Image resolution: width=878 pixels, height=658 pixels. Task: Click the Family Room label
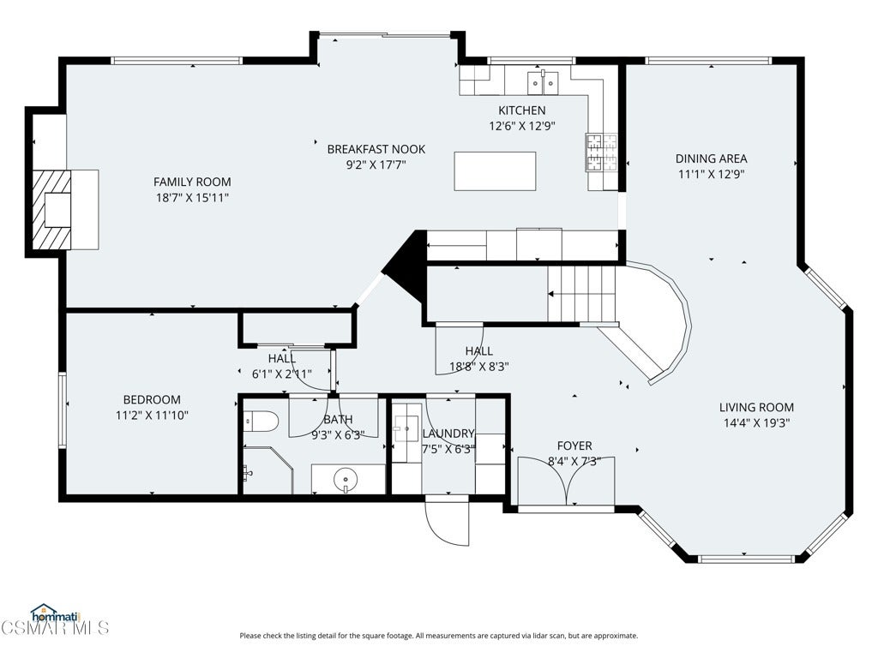192,182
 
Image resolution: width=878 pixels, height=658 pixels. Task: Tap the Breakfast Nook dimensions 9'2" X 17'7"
376,164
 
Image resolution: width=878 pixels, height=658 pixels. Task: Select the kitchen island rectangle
495,171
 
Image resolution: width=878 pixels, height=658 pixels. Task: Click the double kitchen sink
543,83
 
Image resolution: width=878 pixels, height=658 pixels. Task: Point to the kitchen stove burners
601,153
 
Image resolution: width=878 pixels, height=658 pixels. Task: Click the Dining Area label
711,159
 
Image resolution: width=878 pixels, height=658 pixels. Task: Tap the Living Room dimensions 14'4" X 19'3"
756,423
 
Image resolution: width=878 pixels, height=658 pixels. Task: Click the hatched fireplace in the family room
51,210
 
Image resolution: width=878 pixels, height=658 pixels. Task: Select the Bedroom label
152,399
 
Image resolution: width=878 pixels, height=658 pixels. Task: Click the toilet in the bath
261,422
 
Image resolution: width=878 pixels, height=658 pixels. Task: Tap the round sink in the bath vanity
346,480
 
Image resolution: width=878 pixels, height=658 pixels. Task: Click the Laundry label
448,434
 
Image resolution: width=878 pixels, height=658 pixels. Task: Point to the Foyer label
574,446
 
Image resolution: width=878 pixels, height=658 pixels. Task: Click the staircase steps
581,294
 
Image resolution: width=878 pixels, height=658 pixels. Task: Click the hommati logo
56,614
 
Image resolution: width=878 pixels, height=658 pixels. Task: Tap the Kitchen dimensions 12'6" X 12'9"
522,126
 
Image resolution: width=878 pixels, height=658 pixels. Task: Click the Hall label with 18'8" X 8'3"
479,350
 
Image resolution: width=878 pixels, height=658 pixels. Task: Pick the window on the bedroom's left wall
63,410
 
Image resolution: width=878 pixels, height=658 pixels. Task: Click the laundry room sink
406,429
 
